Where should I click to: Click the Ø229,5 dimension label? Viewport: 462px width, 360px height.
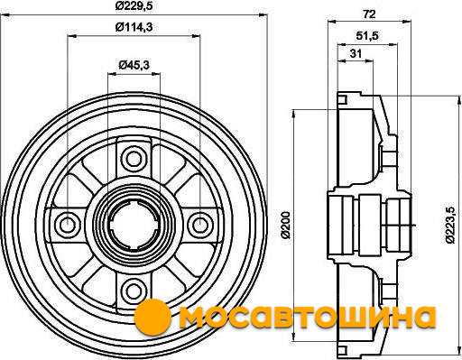coord(134,5)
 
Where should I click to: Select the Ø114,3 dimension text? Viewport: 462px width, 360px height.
coord(134,27)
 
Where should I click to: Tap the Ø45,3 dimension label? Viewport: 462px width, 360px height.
coord(134,65)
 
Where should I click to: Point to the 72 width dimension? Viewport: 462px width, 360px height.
coord(369,14)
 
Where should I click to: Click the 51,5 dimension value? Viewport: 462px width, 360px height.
coord(367,36)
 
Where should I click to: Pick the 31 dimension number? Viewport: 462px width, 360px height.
coord(356,53)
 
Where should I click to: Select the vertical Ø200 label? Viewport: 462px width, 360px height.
coord(286,225)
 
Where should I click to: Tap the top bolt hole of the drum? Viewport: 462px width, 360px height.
coord(134,159)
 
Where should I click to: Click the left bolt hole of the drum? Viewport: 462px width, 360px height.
coord(67,225)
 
